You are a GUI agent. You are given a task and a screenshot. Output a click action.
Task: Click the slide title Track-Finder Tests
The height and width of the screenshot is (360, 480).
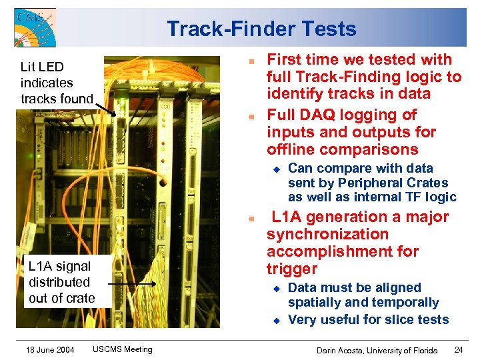coord(261,29)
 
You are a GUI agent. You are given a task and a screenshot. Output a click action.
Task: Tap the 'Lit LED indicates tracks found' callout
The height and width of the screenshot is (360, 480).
coord(57,83)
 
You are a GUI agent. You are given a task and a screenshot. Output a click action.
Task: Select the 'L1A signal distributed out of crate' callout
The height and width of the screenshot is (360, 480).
coord(61,281)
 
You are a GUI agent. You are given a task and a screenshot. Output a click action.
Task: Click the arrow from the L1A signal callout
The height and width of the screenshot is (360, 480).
coord(131,283)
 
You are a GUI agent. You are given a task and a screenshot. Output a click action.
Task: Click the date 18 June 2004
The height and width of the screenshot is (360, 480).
coord(51,349)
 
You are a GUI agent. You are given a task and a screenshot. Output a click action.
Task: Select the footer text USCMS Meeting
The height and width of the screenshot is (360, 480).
coord(122,349)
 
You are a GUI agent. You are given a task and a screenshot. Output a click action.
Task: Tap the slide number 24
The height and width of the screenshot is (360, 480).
coord(458,350)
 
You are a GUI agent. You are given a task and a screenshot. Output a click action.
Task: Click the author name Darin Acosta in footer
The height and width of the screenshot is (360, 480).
coord(349,350)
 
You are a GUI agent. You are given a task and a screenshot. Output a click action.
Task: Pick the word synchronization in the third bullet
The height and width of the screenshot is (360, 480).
coord(327,234)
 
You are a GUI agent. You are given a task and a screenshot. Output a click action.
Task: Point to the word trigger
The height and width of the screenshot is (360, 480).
coord(292,269)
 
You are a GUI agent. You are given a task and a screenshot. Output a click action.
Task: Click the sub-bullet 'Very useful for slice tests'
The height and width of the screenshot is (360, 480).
coord(368,320)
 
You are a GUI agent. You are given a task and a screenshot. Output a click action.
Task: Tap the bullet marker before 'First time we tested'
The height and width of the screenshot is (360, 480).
coord(249,61)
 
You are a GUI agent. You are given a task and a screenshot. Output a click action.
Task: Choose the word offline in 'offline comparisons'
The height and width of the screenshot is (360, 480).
coord(292,149)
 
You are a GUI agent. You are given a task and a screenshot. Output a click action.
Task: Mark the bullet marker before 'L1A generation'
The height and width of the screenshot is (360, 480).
coord(249,219)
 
